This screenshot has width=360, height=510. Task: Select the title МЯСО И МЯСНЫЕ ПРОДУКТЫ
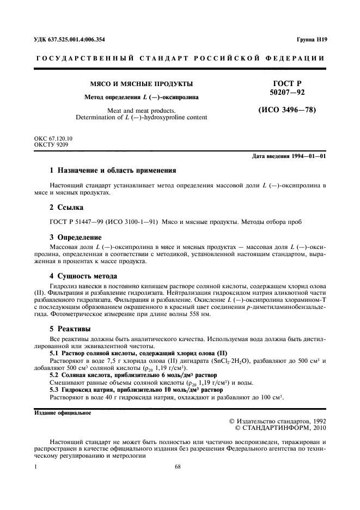tap(141, 84)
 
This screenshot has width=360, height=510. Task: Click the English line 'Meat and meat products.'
tap(141, 110)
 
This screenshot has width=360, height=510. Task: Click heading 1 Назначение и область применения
tap(113, 170)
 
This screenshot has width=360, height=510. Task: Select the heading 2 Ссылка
tap(67, 208)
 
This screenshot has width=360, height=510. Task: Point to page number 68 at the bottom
tap(178, 467)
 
